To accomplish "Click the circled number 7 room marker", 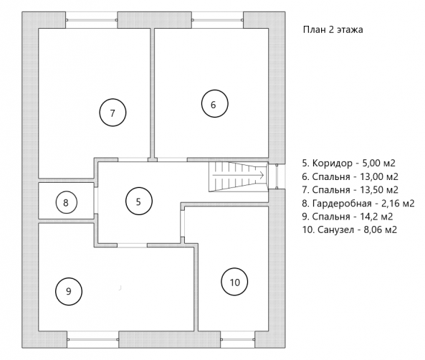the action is pos(113,113).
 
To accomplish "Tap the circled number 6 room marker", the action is pos(215,104).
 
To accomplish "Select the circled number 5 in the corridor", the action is pos(139,202).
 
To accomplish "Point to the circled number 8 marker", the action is pos(66,202).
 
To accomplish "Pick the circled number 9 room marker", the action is pos(69,291).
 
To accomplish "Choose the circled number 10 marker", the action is pos(234,282).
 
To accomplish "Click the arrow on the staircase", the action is pos(238,175).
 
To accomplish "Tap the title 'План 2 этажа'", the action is pos(333,29).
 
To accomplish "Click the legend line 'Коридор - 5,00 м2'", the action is pos(348,163).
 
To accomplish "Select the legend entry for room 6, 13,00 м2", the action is pos(350,176).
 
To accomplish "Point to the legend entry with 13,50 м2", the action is pos(350,190).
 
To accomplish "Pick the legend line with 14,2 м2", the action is pos(348,217).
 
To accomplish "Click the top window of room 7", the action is pos(92,20).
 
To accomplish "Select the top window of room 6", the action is pos(217,20).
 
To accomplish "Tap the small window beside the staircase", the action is pos(277,176).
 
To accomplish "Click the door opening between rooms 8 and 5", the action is pos(96,201).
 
